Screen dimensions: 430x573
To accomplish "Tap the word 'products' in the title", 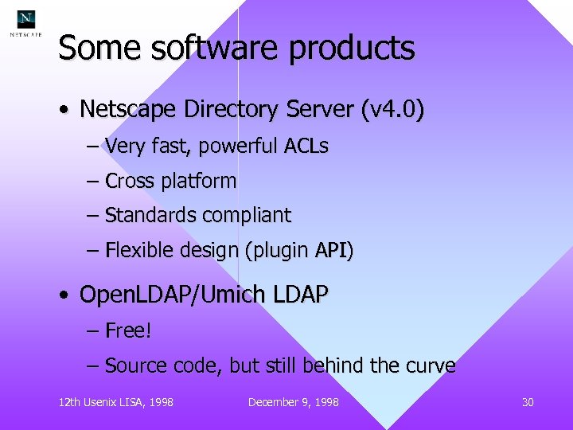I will click(352, 49).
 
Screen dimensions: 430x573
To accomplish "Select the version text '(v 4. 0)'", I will click(392, 108).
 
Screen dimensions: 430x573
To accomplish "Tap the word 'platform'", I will click(198, 182).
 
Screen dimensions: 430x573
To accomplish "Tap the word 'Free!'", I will click(128, 330).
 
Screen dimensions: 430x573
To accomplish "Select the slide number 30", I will click(528, 402).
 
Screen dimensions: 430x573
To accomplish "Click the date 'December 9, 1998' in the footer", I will click(294, 402).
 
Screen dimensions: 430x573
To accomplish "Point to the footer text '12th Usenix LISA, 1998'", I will click(116, 402).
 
